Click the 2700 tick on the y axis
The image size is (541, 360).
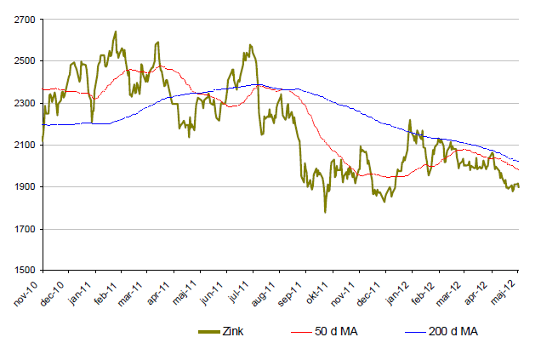click(25, 20)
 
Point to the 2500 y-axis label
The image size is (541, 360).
click(25, 61)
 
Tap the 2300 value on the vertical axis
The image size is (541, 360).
click(25, 103)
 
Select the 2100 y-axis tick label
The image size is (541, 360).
click(25, 145)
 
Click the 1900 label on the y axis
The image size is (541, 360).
click(25, 186)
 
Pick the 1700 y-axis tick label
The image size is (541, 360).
click(25, 229)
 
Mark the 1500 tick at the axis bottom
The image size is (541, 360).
click(25, 271)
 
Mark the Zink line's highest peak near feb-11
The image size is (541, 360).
click(116, 32)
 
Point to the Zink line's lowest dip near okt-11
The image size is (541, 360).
click(325, 212)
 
